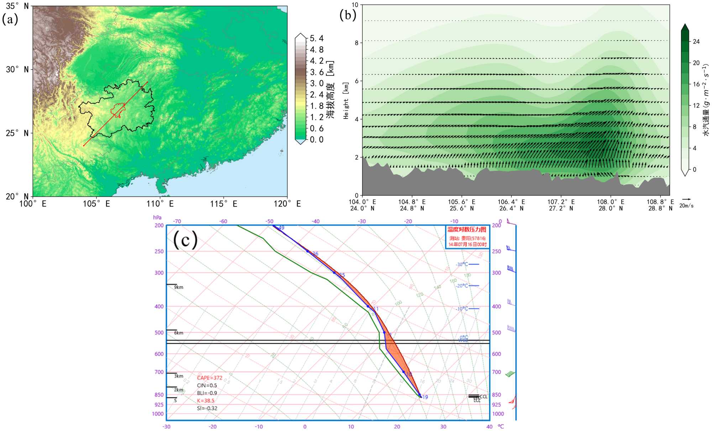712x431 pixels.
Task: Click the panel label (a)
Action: coord(10,19)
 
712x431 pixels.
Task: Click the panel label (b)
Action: coord(347,15)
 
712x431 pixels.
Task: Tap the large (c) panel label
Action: coord(185,240)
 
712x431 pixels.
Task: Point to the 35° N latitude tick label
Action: coord(17,6)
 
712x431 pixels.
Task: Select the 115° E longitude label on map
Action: coord(223,204)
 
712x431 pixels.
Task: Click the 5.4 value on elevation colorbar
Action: coord(316,38)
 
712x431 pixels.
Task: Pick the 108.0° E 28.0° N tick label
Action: coord(611,205)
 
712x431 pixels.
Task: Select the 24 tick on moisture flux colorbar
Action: coord(696,42)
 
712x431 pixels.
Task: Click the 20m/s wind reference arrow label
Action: coord(686,206)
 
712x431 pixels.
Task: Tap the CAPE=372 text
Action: coord(210,378)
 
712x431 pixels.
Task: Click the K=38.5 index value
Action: coord(206,401)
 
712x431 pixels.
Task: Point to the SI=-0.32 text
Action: coord(207,408)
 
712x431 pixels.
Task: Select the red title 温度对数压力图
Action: coord(467,230)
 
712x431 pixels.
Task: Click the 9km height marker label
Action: coord(179,287)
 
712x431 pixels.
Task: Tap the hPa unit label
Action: coord(157,217)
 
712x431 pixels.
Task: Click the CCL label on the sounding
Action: coord(483,396)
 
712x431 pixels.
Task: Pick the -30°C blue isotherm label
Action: coord(462,264)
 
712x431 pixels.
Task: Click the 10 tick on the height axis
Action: coord(355,5)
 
